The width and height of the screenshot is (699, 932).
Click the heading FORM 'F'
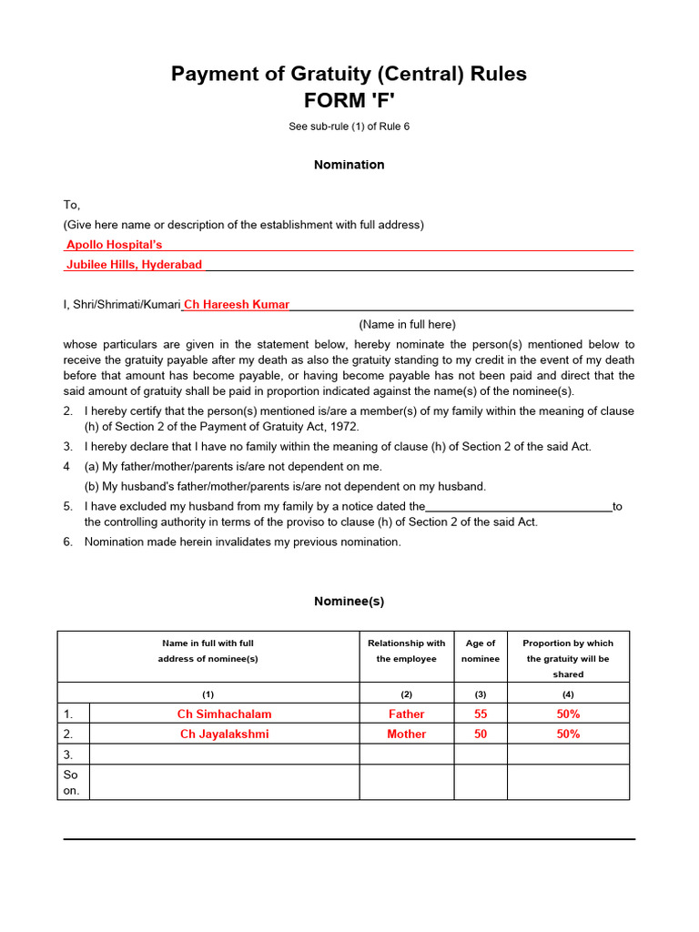[x=349, y=101]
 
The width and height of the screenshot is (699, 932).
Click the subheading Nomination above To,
[x=349, y=165]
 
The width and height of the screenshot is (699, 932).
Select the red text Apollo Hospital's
[x=114, y=245]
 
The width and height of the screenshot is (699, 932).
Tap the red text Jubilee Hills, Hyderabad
[x=134, y=264]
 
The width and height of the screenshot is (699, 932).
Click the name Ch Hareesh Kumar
[x=237, y=305]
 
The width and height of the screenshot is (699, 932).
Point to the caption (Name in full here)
[x=407, y=324]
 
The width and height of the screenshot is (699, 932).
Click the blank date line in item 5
[x=519, y=506]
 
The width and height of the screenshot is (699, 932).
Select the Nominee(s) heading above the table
[x=349, y=602]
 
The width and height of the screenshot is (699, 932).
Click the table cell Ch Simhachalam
[x=224, y=714]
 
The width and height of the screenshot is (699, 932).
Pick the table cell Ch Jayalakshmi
[x=224, y=734]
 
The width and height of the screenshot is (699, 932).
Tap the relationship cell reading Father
[x=406, y=714]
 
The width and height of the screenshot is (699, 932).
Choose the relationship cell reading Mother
[x=406, y=734]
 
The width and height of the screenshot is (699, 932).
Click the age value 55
[x=481, y=714]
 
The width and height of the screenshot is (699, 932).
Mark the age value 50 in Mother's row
[x=481, y=734]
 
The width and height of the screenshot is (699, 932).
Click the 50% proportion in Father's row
[x=568, y=714]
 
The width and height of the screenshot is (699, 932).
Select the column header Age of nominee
[x=481, y=651]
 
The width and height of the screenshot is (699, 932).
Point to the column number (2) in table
[x=406, y=694]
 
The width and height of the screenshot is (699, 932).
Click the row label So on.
[x=72, y=783]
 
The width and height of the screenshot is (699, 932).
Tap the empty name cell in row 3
[x=224, y=755]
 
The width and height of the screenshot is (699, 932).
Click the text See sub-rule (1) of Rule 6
[x=349, y=127]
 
